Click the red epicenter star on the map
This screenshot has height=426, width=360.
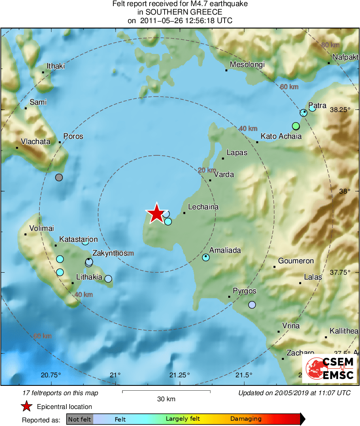pos(156,213)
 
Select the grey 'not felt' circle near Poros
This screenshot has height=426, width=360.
pos(59,177)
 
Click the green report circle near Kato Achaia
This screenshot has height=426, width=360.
pos(296,126)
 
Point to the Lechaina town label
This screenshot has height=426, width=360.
pos(203,207)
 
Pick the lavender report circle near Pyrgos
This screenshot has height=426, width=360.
pos(252,305)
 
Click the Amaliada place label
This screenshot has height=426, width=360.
pos(225,250)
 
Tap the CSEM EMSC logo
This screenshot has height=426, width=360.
pos(329,369)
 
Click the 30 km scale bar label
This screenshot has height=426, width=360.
pos(166,399)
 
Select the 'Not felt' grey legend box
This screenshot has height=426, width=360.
pos(79,419)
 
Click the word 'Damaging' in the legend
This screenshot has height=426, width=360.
pos(246,419)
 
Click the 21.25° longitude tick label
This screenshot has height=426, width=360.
pos(180,374)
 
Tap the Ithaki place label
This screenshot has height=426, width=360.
pos(56,66)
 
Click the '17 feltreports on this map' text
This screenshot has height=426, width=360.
pos(61,393)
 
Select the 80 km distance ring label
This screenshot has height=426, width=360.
pos(330,45)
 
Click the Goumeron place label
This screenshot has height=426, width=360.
pos(296,261)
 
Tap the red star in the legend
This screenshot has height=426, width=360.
pos(27,407)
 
